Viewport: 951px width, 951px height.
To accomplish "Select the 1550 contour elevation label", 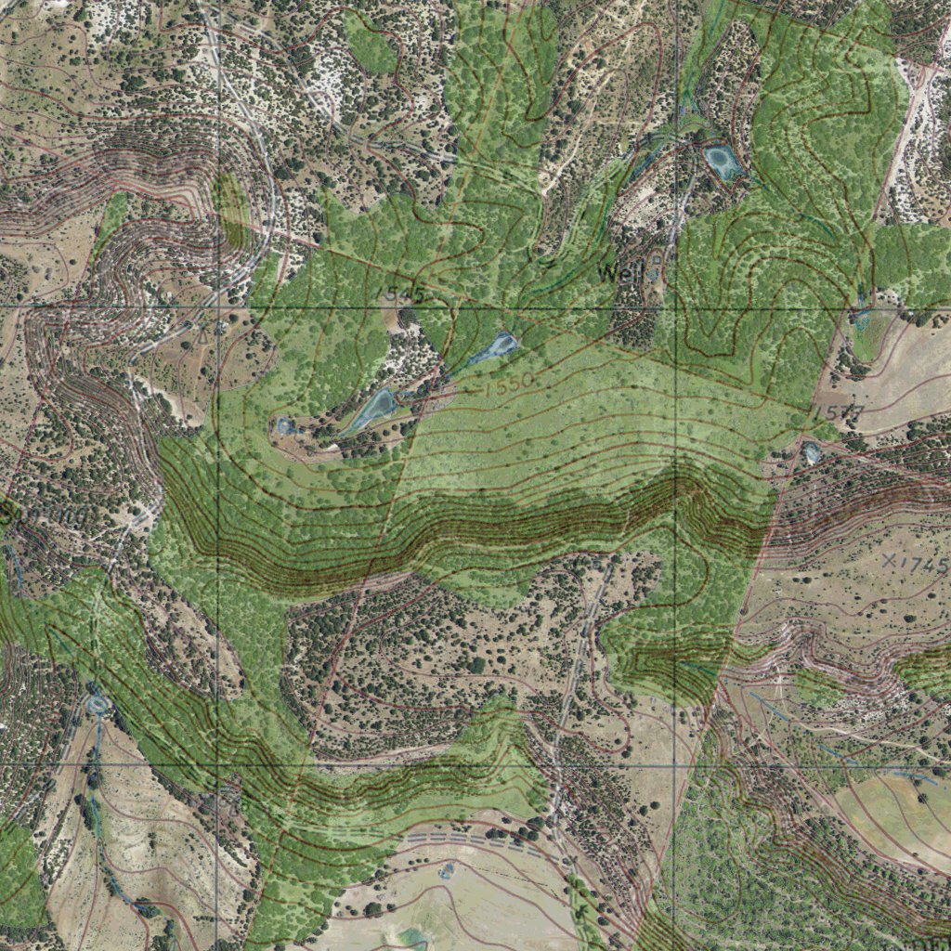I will pos(507,382).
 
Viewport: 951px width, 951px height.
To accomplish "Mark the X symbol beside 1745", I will pos(891,560).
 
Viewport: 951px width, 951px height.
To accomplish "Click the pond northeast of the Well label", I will pos(723,163).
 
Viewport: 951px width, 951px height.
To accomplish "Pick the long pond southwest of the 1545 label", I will pos(373,410).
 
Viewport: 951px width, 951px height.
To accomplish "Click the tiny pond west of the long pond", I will pos(284,426).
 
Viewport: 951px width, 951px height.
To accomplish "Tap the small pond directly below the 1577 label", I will pos(812,453).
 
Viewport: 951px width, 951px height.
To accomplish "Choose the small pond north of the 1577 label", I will pos(862,320).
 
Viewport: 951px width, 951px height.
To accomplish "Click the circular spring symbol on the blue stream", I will pos(98,705).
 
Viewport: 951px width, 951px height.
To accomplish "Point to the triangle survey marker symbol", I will pos(202,328).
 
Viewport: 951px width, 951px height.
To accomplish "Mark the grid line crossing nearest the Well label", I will pos(675,306).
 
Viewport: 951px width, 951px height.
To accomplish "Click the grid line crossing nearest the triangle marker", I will pos(217,306).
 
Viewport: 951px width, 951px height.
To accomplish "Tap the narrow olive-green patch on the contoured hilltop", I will pos(228,212).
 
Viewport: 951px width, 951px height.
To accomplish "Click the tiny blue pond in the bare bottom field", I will pos(447,870).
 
